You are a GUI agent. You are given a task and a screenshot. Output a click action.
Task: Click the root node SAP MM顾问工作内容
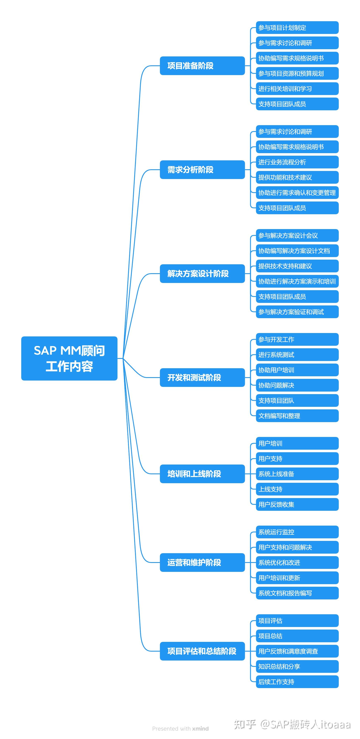point(69,358)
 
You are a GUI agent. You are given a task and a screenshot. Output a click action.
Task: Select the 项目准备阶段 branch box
point(202,66)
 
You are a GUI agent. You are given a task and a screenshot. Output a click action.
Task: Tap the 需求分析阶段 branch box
point(202,169)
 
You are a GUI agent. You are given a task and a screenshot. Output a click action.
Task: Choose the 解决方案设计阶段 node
point(202,273)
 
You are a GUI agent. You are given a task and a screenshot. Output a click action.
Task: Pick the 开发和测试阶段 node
point(202,377)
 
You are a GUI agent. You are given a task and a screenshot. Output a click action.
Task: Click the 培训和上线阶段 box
point(202,474)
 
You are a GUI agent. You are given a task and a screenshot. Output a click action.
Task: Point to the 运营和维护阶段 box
point(202,562)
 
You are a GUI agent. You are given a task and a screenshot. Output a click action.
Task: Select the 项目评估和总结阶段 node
point(202,651)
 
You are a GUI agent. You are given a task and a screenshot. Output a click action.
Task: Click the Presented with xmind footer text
point(180,728)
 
